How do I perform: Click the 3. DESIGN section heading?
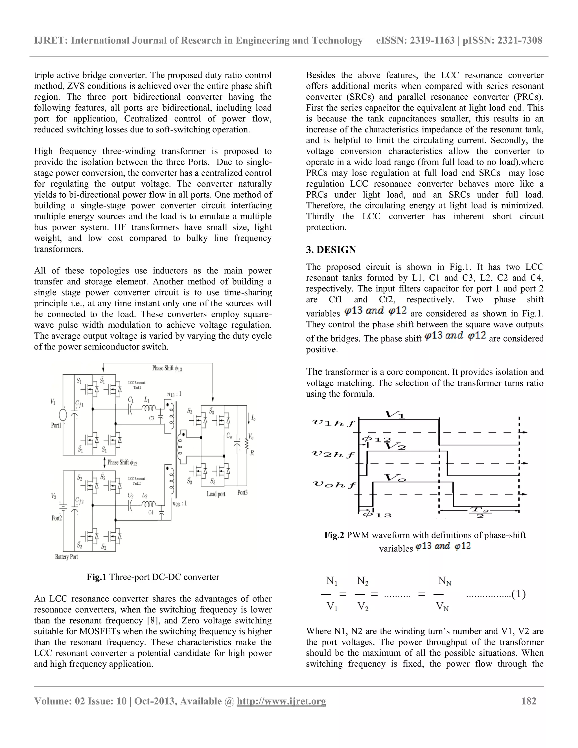(331, 250)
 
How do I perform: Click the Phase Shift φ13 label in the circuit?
(167, 368)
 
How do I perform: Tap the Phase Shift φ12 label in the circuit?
(122, 462)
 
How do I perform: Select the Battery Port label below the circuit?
(66, 557)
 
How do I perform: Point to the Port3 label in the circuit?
(242, 493)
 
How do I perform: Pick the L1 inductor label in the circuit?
(146, 399)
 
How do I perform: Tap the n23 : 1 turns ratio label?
(179, 504)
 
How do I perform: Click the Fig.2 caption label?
(334, 535)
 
